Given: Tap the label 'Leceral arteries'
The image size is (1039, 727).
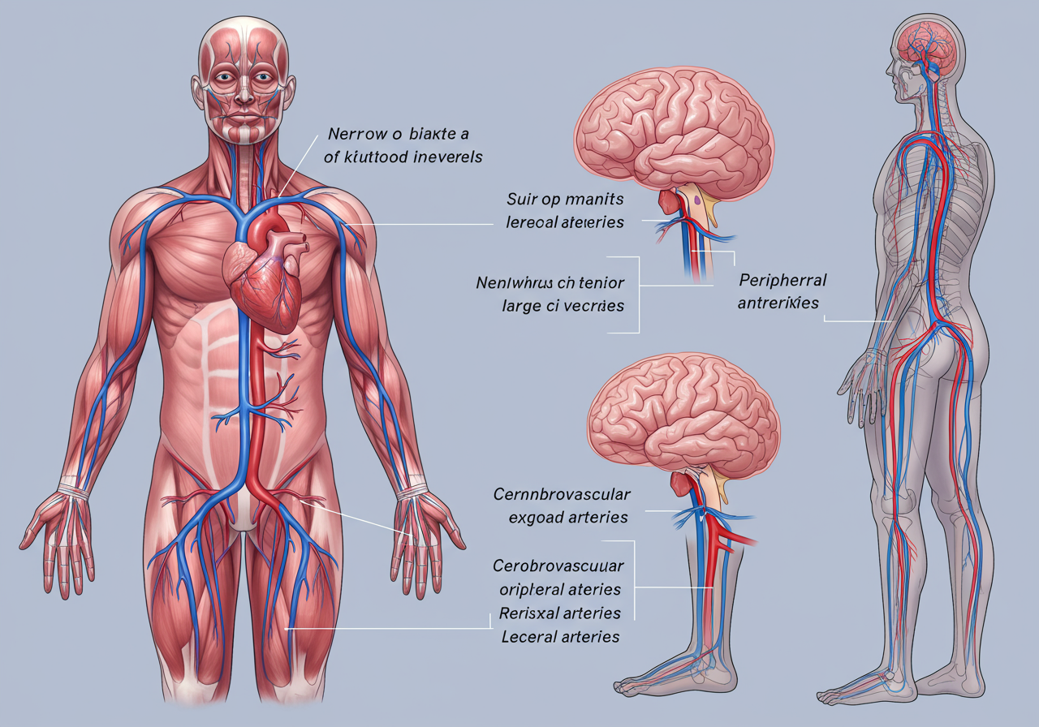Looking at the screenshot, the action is pos(559,636).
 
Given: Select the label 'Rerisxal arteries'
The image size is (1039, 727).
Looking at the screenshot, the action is pos(560,613).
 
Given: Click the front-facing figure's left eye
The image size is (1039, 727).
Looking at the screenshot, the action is pos(264,79).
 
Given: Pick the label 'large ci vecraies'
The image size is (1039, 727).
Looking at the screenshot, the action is pos(559,306).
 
